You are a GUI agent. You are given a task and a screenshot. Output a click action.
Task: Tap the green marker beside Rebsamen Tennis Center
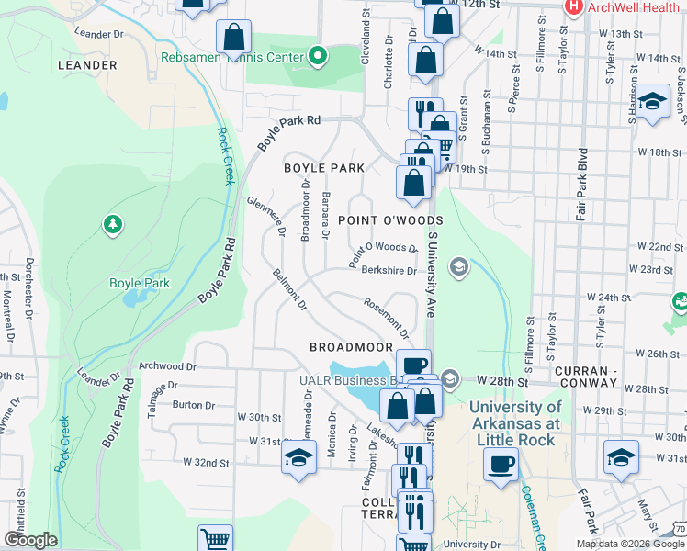point(318,57)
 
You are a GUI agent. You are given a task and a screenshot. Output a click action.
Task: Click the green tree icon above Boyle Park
point(112,223)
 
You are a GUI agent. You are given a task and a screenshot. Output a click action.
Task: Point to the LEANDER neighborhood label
point(87,66)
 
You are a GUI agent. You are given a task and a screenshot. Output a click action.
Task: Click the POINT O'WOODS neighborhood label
point(390,220)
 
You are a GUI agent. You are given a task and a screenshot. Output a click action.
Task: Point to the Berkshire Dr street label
point(389,270)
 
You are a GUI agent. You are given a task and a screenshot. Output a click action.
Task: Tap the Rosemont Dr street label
point(385,315)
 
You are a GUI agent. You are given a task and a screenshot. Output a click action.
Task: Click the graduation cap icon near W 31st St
point(298,456)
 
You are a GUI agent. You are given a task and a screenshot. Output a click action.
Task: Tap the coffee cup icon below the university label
point(501,465)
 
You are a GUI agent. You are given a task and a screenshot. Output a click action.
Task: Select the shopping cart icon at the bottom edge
point(215,540)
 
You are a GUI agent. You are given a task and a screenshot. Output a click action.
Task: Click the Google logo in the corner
point(29,540)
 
